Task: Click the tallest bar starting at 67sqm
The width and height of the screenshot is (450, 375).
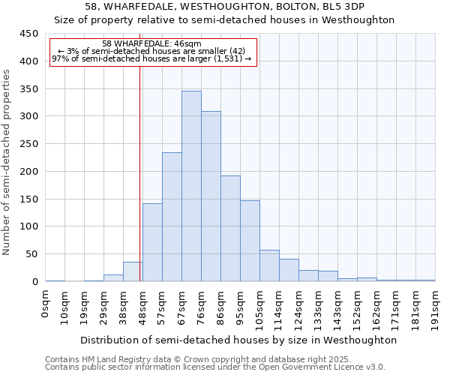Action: [191, 186]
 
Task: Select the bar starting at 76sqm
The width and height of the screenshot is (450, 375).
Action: [211, 196]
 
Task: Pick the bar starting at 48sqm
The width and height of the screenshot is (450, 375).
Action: [152, 242]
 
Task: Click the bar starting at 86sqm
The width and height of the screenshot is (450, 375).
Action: [230, 229]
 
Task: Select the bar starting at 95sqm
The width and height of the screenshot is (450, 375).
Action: [250, 241]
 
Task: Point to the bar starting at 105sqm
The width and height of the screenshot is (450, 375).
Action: [269, 265]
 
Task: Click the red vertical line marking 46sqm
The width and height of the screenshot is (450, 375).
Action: [139, 172]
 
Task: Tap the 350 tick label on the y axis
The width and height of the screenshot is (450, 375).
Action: [28, 88]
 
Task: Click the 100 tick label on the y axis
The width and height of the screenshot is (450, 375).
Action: [28, 226]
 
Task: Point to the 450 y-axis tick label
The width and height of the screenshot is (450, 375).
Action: [28, 34]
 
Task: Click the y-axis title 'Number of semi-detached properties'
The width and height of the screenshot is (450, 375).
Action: [7, 162]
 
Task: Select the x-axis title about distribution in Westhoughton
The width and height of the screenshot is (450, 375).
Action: [238, 340]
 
